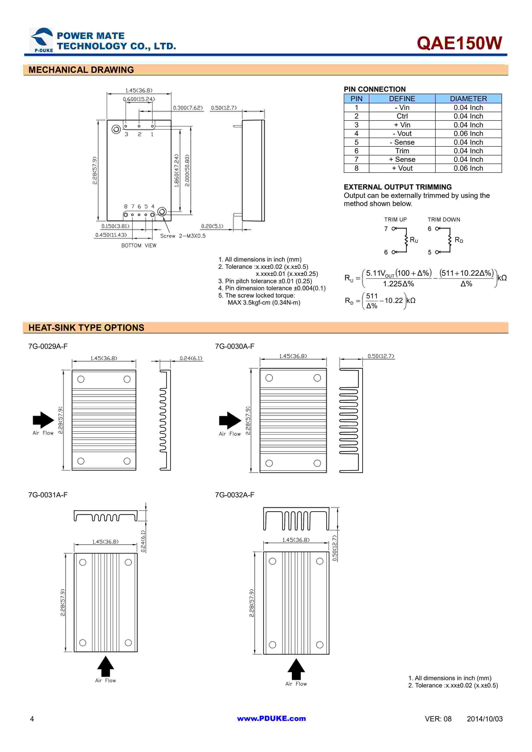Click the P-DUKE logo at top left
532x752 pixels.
coord(41,40)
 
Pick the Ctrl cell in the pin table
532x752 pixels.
coord(402,116)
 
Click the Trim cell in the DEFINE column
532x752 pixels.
coord(402,151)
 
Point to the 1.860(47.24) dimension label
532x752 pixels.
coord(177,170)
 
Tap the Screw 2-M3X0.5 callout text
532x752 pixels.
coord(183,236)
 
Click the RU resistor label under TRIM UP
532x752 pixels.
coord(414,240)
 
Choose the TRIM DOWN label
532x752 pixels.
coord(444,220)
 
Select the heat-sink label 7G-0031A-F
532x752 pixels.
coord(48,495)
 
